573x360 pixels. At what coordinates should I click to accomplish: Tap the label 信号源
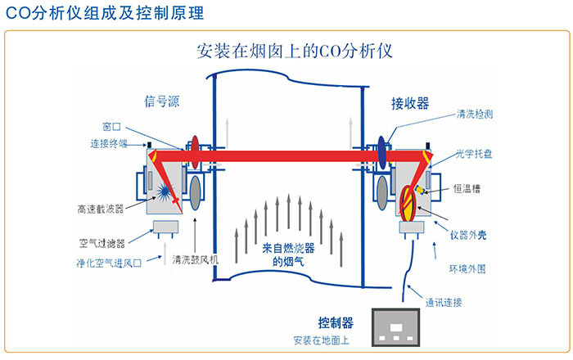[x=161, y=101]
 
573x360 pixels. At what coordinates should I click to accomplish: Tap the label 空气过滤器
[x=101, y=242]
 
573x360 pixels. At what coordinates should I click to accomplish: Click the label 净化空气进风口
[x=110, y=263]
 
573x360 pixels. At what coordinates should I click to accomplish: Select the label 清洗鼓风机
[x=196, y=260]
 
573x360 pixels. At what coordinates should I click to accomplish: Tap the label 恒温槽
[x=468, y=188]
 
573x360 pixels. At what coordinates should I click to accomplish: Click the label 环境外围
[x=469, y=268]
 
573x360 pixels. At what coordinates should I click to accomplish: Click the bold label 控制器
[x=336, y=321]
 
